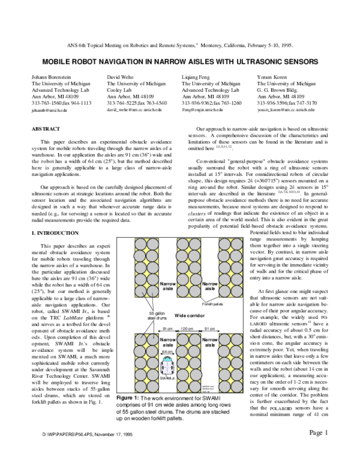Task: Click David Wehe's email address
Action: tap(136, 110)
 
